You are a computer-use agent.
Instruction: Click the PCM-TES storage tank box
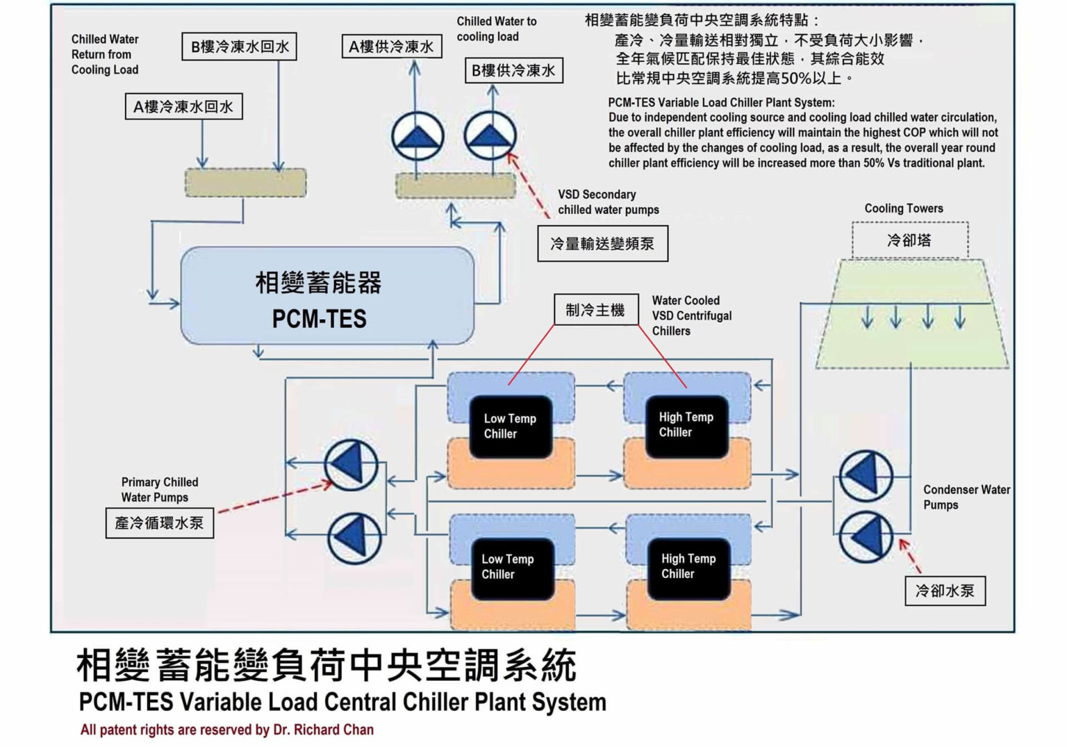(327, 295)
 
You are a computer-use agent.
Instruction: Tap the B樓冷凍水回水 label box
(240, 47)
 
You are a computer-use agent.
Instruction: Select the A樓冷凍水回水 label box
(184, 107)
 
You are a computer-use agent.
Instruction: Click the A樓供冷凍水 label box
(392, 47)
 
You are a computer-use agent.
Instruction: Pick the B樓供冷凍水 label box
(513, 70)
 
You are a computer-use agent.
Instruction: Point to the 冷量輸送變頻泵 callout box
(602, 243)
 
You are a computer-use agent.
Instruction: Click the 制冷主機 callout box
(595, 310)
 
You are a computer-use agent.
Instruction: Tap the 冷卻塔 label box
(909, 240)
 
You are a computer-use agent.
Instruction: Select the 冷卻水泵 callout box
(945, 591)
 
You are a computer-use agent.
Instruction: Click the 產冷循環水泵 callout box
(160, 523)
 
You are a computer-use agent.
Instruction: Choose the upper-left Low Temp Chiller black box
(511, 427)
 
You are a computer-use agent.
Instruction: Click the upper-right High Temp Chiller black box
(686, 425)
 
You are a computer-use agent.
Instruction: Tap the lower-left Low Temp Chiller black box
(512, 567)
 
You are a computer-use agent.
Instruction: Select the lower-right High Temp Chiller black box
(688, 566)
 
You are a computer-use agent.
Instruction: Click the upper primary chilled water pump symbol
(351, 465)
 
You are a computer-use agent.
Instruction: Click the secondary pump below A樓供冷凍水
(417, 136)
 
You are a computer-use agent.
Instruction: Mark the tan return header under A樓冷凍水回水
(245, 183)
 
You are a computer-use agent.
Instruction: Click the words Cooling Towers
(904, 208)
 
